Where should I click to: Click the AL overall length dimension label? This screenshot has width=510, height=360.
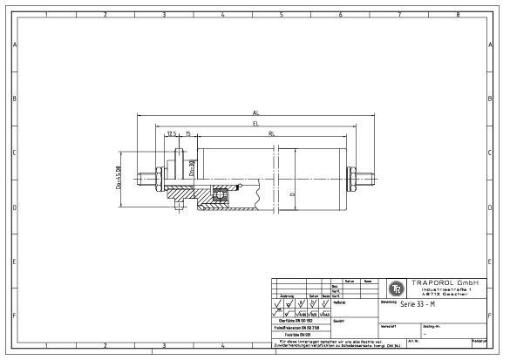(x=255, y=113)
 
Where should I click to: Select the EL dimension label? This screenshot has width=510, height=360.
(x=255, y=124)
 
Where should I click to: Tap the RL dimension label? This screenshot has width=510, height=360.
(x=272, y=133)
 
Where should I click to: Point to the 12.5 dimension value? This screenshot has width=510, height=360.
(x=172, y=133)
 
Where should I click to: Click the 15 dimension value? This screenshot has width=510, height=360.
(x=188, y=133)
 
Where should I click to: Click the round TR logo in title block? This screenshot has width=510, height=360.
(x=394, y=288)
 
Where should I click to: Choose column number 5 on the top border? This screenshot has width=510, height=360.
(x=282, y=15)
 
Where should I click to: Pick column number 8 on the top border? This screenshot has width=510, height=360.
(x=459, y=15)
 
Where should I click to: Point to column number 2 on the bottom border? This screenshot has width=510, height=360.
(x=105, y=345)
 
